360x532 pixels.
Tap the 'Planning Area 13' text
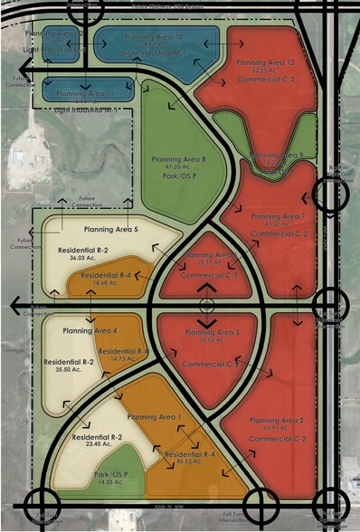tap(265, 62)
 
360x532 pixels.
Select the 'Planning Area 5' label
tap(110, 230)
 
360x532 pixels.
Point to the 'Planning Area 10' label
tap(154, 37)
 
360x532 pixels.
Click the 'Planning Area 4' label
tap(90, 330)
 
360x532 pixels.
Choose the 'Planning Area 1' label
tap(154, 416)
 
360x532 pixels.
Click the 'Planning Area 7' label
tap(278, 217)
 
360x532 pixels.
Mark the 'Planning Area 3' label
tap(213, 333)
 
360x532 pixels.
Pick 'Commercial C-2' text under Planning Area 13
tap(267, 80)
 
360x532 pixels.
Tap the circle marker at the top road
tap(90, 9)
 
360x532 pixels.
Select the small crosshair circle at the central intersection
tap(207, 305)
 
